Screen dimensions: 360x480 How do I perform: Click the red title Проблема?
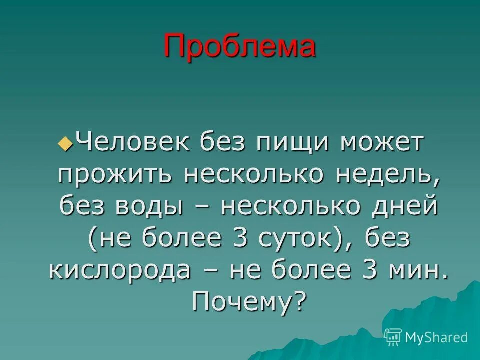240,47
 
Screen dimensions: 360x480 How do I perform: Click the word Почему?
237,301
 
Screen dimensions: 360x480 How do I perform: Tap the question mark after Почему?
299,301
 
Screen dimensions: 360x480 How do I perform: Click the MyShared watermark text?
436,337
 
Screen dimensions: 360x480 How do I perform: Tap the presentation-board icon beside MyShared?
393,337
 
